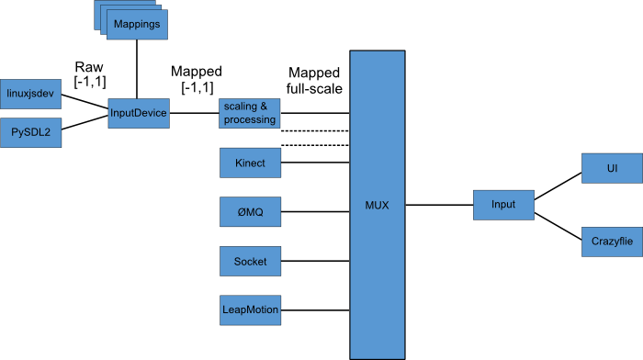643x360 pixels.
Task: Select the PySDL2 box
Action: coord(30,131)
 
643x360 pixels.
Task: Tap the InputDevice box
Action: coord(137,113)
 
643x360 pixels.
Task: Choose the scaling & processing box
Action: coord(249,114)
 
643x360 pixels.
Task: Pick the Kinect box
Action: coord(249,163)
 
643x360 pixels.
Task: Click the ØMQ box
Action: coord(249,212)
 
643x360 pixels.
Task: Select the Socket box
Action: coord(249,261)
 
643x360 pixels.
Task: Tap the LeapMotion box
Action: coord(249,309)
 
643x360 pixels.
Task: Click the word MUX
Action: coord(377,205)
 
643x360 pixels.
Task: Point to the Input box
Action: coord(503,204)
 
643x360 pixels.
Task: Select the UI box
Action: coord(611,170)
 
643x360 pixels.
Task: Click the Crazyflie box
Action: coord(611,239)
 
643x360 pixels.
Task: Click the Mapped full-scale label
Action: coord(314,81)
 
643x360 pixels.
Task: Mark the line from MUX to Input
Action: coord(438,204)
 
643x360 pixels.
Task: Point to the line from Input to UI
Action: coord(558,184)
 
